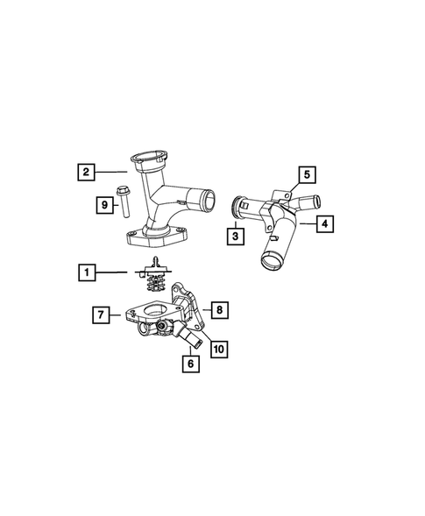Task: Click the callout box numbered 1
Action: [x=86, y=272]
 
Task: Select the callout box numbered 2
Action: [x=86, y=172]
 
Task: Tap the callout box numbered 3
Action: [x=236, y=235]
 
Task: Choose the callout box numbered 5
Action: [x=306, y=174]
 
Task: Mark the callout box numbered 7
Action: [x=103, y=313]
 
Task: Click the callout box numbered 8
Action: [x=218, y=309]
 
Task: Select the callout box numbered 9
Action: [x=103, y=205]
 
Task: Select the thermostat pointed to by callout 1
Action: [x=155, y=275]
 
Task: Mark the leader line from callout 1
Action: [x=119, y=272]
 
